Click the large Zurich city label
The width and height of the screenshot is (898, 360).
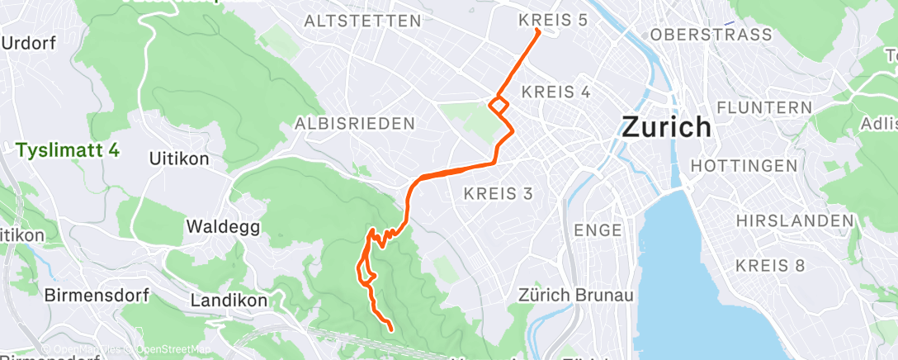click(665, 126)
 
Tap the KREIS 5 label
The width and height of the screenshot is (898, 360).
click(552, 19)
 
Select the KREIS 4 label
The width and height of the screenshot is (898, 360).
click(556, 92)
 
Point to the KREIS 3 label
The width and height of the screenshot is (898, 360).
click(499, 193)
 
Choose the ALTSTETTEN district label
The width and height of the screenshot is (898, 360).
click(362, 21)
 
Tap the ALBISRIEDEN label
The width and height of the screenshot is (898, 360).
click(354, 124)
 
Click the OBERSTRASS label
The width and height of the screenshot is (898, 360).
click(711, 35)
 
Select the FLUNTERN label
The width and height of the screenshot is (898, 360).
click(764, 107)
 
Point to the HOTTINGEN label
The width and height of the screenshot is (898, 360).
click(744, 165)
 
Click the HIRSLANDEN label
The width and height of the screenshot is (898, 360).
click(795, 221)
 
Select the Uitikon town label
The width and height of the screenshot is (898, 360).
click(178, 158)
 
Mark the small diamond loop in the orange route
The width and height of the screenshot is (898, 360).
click(499, 106)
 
